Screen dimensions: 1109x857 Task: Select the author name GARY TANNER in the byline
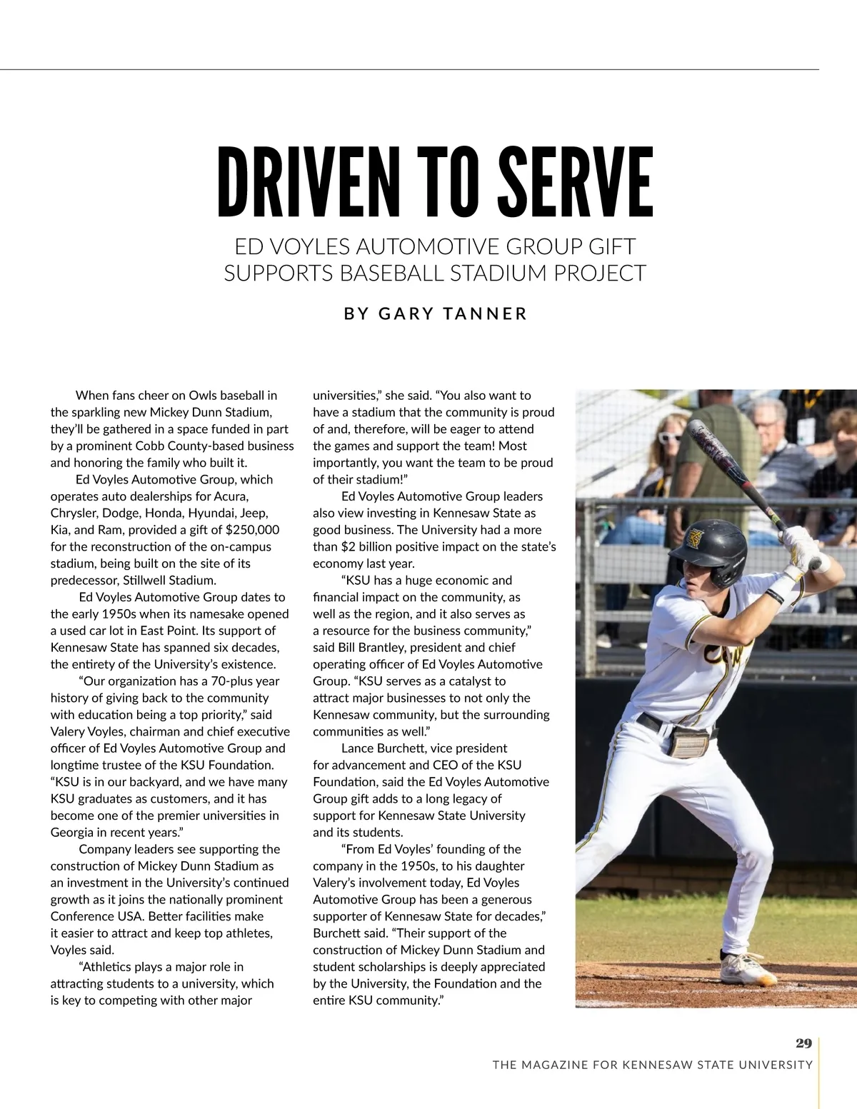point(453,313)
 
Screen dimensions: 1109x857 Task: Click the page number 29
point(803,1043)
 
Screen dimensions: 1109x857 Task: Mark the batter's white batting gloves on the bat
point(801,546)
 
